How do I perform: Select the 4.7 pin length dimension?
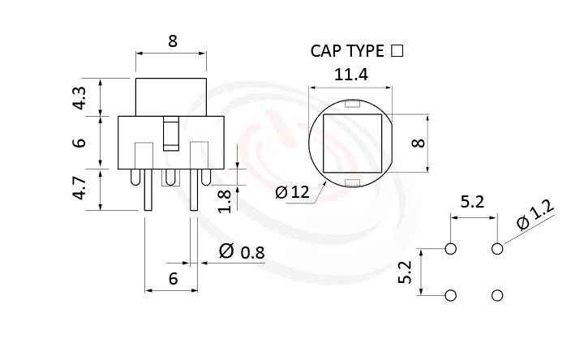pyautogui.click(x=79, y=189)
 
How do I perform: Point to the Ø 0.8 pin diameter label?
pyautogui.click(x=242, y=252)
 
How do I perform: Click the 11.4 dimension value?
pyautogui.click(x=351, y=75)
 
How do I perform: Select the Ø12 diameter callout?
pyautogui.click(x=292, y=192)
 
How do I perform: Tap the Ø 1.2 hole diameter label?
pyautogui.click(x=535, y=216)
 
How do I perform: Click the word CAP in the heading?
pyautogui.click(x=327, y=51)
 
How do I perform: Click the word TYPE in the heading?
pyautogui.click(x=366, y=51)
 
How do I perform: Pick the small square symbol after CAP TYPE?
pyautogui.click(x=397, y=50)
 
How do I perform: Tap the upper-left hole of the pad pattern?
pyautogui.click(x=451, y=249)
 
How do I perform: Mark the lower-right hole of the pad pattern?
pyautogui.click(x=497, y=295)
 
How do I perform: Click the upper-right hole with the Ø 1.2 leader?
pyautogui.click(x=497, y=249)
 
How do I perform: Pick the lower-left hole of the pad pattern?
pyautogui.click(x=451, y=295)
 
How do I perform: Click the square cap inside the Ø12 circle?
pyautogui.click(x=350, y=144)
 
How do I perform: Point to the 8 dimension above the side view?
pyautogui.click(x=172, y=41)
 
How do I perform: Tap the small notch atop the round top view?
pyautogui.click(x=350, y=104)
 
